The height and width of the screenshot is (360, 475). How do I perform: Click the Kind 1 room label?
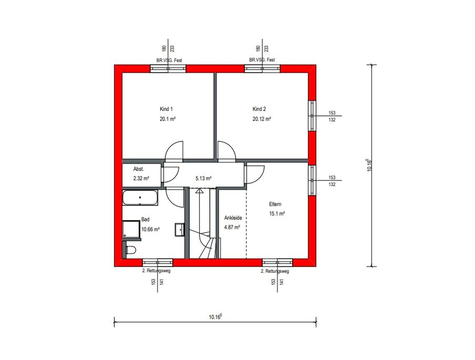click(x=166, y=109)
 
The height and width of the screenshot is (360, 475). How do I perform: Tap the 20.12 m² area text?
click(x=262, y=119)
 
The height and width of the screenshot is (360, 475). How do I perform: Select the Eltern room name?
click(x=275, y=204)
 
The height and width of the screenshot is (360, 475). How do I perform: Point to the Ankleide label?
click(x=233, y=218)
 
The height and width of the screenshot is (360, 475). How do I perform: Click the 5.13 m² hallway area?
click(x=203, y=178)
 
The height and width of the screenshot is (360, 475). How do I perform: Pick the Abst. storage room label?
click(x=139, y=169)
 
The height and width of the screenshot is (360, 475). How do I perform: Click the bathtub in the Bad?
click(x=140, y=198)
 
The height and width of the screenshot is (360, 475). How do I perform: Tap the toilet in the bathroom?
click(x=131, y=250)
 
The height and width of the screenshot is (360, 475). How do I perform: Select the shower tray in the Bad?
click(x=131, y=229)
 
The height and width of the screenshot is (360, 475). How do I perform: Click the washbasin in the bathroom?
click(x=180, y=229)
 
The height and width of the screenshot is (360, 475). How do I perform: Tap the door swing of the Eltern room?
click(x=255, y=175)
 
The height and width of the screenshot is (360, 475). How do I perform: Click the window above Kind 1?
click(x=168, y=69)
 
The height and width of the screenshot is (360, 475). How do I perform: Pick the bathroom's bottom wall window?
click(x=158, y=262)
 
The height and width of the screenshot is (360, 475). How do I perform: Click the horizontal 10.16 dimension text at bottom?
click(x=215, y=317)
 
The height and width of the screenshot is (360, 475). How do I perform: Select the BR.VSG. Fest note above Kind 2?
click(x=262, y=60)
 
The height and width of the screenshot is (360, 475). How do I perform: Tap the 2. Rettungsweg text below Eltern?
click(x=275, y=271)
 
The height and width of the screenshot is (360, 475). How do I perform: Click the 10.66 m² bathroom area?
click(x=151, y=229)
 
